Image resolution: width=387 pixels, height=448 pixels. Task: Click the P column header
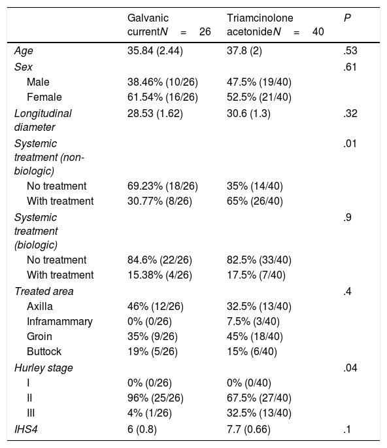pyautogui.click(x=347, y=18)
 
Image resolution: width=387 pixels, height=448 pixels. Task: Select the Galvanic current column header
pyautogui.click(x=169, y=25)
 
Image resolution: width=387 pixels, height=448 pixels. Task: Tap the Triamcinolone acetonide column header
pyautogui.click(x=275, y=25)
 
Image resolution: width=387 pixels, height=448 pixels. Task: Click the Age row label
pyautogui.click(x=24, y=51)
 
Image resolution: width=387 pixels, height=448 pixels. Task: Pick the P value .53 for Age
pyautogui.click(x=350, y=50)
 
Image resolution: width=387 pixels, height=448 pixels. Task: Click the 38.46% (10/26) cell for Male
pyautogui.click(x=163, y=82)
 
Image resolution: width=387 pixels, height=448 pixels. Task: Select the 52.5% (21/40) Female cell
pyautogui.click(x=259, y=97)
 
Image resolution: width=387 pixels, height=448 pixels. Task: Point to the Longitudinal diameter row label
pyautogui.click(x=43, y=120)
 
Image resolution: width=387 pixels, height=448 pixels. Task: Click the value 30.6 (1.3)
pyautogui.click(x=248, y=114)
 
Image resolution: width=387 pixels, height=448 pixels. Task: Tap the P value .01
pyautogui.click(x=350, y=143)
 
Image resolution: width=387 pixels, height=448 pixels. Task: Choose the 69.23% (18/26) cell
pyautogui.click(x=163, y=186)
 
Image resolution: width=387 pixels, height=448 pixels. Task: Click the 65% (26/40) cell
pyautogui.click(x=255, y=201)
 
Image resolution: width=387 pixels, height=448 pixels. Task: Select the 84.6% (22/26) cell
pyautogui.click(x=160, y=260)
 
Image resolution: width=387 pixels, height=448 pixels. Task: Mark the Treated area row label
pyautogui.click(x=44, y=292)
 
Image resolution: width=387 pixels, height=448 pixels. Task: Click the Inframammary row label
pyautogui.click(x=59, y=322)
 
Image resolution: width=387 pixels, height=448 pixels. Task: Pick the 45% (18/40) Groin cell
pyautogui.click(x=255, y=337)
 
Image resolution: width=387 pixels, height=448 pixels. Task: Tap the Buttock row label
pyautogui.click(x=44, y=351)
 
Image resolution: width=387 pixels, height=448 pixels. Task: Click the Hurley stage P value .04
pyautogui.click(x=350, y=368)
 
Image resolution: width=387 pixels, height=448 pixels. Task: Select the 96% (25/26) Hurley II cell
pyautogui.click(x=156, y=398)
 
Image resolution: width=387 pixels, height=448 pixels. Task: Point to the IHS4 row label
pyautogui.click(x=26, y=430)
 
